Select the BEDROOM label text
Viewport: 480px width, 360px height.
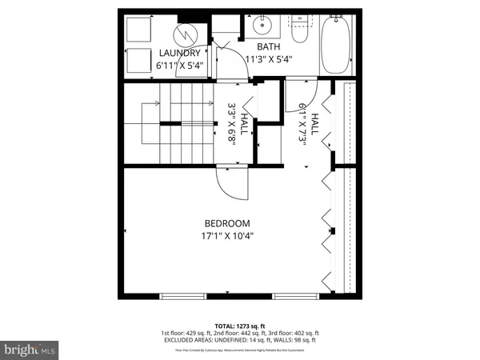click(227, 223)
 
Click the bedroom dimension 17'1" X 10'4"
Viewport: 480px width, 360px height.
click(227, 236)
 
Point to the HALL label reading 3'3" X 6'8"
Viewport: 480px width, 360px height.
click(234, 122)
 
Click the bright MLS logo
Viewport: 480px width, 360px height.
click(29, 349)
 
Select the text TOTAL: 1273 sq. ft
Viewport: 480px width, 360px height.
click(239, 326)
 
